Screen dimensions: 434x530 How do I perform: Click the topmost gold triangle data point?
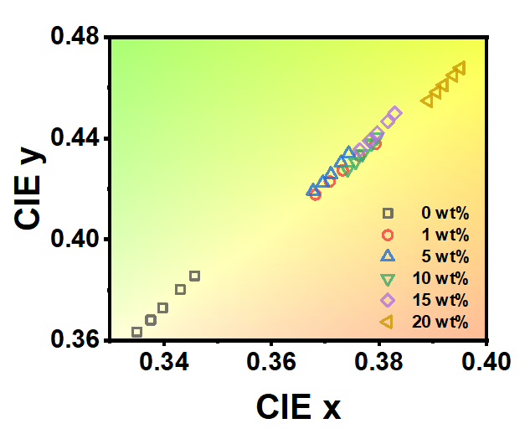(x=459, y=68)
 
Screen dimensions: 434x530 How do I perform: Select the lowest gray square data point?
(x=137, y=333)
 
